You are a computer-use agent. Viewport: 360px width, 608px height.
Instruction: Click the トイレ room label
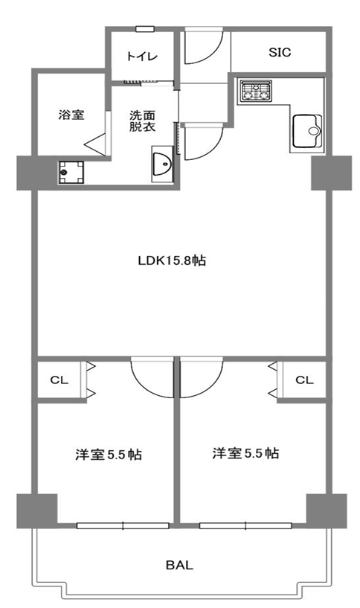coord(142,57)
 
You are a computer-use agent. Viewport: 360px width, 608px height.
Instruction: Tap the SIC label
coord(280,52)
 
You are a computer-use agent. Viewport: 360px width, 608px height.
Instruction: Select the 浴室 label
coord(71,115)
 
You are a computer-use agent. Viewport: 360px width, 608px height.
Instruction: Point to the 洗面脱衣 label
coord(142,121)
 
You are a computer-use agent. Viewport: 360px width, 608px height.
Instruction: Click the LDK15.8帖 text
coord(172,260)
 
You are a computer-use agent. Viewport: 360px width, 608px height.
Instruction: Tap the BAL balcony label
coord(179,565)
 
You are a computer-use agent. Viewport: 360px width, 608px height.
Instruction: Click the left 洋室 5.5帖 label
coord(109,455)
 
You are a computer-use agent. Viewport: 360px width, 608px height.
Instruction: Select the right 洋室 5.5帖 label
coord(245,453)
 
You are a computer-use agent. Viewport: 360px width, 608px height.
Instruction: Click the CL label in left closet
coord(59,380)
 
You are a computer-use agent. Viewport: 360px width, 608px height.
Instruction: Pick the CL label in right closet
coord(304,380)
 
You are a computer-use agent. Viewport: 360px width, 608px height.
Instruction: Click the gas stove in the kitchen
coord(255,92)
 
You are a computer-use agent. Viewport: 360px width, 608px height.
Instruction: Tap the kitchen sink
coord(307,131)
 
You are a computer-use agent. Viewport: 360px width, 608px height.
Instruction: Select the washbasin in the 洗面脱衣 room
coord(162,164)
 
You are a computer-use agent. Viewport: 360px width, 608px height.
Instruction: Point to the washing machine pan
coord(71,173)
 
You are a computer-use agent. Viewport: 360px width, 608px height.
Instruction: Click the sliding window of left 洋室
coord(123,526)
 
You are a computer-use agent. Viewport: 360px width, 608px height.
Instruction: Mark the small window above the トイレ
coord(145,29)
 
